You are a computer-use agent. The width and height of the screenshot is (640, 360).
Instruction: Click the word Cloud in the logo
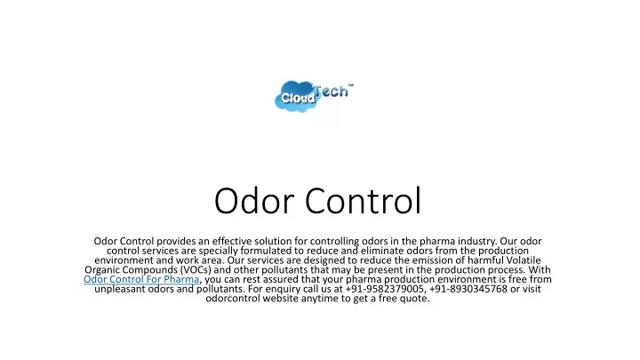coord(298,98)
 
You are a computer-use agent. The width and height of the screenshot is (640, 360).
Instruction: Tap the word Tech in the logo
coord(331,91)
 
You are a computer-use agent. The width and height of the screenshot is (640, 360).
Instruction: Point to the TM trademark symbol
coord(350,85)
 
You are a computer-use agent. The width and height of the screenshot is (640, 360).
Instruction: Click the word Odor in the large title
coord(254,200)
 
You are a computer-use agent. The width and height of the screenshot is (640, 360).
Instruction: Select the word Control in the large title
coord(363,200)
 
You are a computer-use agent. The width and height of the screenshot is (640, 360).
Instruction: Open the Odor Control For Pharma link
coord(141,279)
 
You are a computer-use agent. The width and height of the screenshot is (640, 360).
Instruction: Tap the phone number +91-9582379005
coord(385,289)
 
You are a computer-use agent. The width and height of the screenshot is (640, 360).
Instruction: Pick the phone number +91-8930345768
coord(468,289)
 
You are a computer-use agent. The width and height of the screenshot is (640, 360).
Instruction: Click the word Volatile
coord(524,260)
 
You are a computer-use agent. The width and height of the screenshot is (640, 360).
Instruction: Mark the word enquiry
coord(283,290)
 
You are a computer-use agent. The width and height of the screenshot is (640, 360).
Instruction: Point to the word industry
coord(476,241)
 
